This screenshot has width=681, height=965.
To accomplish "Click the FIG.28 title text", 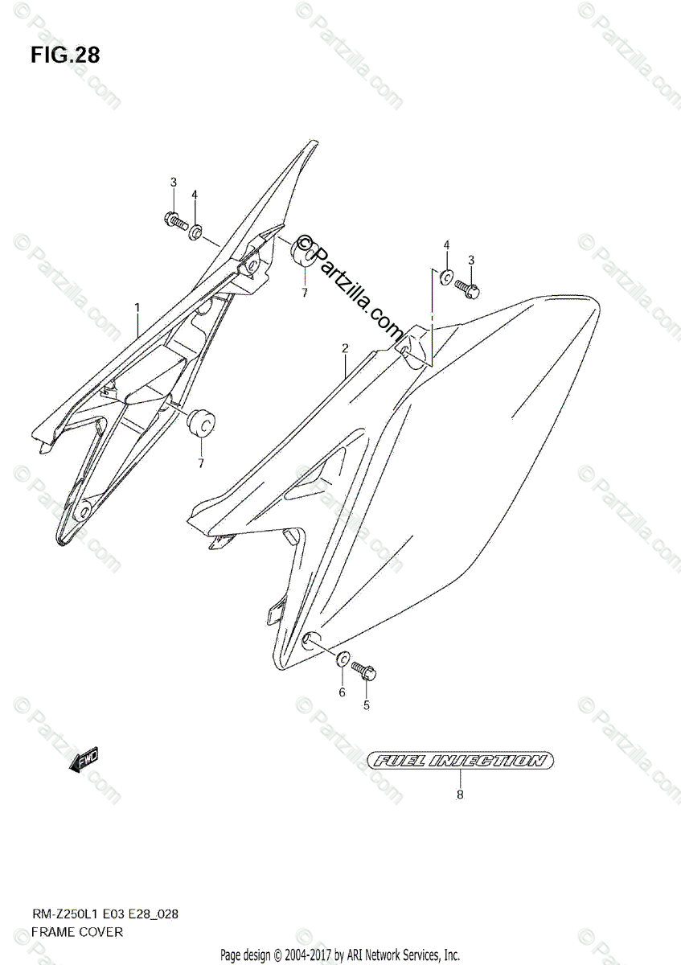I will [66, 55].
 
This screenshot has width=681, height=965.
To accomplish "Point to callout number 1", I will [137, 307].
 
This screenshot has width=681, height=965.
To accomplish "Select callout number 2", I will [344, 348].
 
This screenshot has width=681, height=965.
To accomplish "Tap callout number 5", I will [366, 706].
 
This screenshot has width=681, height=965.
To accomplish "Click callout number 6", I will [342, 692].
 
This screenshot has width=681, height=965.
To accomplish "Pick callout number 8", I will [460, 795].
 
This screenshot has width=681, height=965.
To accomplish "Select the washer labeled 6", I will [342, 659].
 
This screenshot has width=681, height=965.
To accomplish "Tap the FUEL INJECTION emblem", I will [460, 760].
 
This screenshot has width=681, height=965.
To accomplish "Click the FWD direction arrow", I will [84, 759].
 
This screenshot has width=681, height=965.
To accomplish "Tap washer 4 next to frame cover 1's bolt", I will [195, 232].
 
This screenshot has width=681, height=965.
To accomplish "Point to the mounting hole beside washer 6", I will [309, 640].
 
